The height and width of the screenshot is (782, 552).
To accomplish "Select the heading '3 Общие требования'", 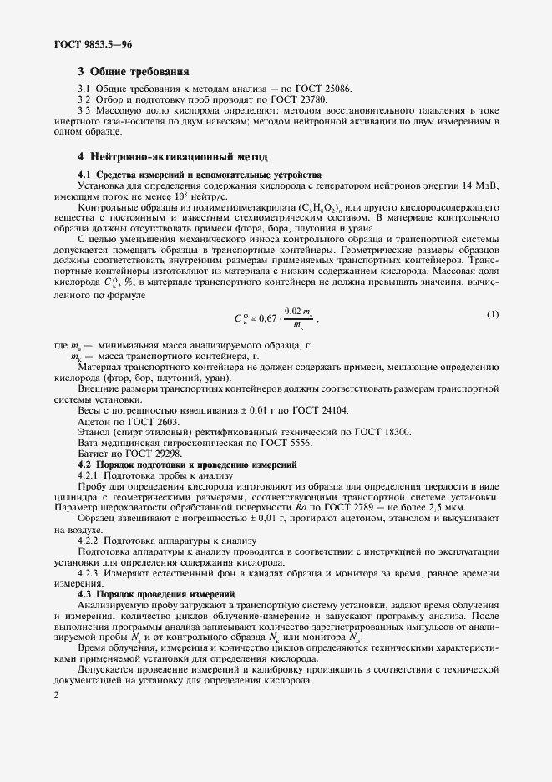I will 134,72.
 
